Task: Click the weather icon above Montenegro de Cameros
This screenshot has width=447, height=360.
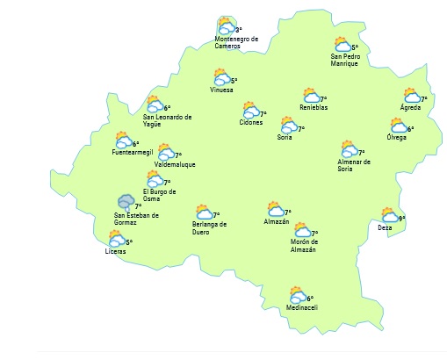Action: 226,26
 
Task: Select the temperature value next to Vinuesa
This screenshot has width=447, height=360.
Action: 234,81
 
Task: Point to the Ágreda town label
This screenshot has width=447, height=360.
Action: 410,107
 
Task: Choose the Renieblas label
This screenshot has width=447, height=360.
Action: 313,108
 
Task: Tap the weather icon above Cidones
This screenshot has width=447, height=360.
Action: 251,111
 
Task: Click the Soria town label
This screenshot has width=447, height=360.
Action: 285,138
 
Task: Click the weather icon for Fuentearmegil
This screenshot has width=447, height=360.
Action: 123,140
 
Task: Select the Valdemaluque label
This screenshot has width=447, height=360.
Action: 174,164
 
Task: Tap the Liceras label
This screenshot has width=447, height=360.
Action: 115,251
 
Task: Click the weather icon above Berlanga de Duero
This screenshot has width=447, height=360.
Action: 204,212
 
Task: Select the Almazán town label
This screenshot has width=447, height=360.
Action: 276,221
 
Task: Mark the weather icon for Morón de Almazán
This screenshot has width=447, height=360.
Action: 301,230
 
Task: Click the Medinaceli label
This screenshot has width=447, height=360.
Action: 301,307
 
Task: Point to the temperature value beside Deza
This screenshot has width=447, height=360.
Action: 401,218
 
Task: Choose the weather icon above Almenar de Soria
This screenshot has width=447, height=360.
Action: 350,149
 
